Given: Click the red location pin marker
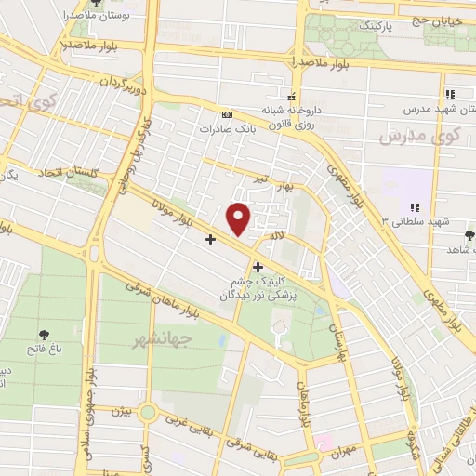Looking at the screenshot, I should [239, 218].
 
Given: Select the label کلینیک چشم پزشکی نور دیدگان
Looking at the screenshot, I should [258, 286].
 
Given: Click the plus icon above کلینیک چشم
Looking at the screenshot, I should [258, 267].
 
